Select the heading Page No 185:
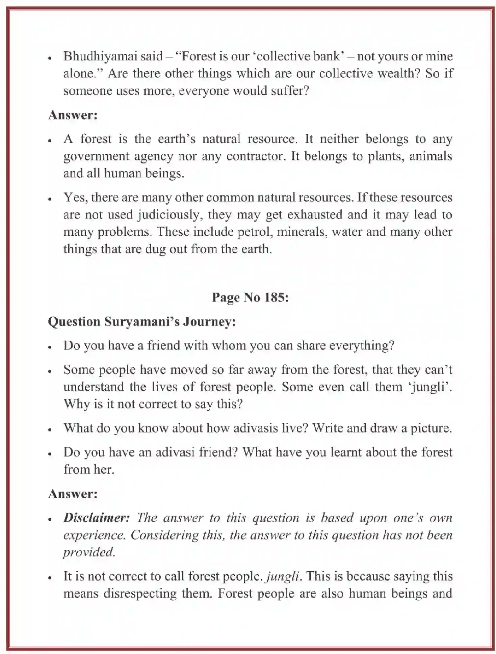pyautogui.click(x=250, y=297)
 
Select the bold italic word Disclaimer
pyautogui.click(x=97, y=518)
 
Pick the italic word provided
pyautogui.click(x=89, y=552)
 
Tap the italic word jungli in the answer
pyautogui.click(x=283, y=576)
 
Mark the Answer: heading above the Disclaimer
pyautogui.click(x=73, y=494)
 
